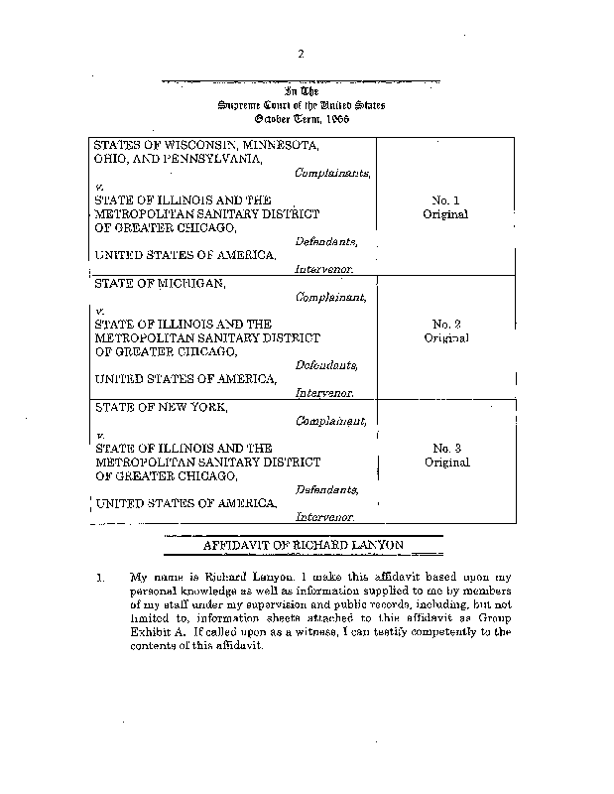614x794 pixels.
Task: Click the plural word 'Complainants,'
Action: point(332,172)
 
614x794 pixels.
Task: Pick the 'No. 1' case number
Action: point(444,199)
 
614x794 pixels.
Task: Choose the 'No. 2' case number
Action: point(444,324)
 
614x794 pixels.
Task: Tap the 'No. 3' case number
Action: point(444,449)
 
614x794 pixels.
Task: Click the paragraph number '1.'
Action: point(99,577)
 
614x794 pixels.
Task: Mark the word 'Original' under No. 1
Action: point(444,213)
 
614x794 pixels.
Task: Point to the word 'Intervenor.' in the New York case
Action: point(324,517)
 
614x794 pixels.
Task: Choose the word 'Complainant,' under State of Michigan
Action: point(331,296)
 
